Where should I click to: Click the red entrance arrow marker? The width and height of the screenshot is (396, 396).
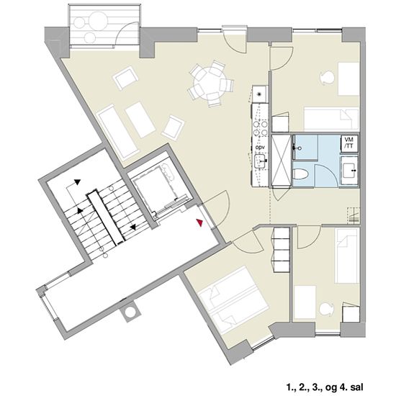[199, 222]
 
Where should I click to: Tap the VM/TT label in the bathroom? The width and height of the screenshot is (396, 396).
[349, 143]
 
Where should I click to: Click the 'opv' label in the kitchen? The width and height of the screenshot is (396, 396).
[260, 147]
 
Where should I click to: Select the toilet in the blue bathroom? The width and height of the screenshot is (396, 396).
[301, 174]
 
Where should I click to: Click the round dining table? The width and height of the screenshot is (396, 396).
[207, 81]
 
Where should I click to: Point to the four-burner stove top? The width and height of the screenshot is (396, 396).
[261, 128]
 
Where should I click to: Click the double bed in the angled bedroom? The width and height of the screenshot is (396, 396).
[233, 300]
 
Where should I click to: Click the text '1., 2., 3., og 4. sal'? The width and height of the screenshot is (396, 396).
[325, 387]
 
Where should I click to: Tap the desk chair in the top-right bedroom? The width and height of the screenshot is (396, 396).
[327, 77]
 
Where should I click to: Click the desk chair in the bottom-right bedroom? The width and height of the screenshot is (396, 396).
[327, 310]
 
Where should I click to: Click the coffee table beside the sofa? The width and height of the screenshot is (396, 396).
[140, 120]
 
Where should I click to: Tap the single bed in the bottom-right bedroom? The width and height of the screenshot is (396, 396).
[347, 256]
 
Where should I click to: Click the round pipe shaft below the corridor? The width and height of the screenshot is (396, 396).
[130, 312]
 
